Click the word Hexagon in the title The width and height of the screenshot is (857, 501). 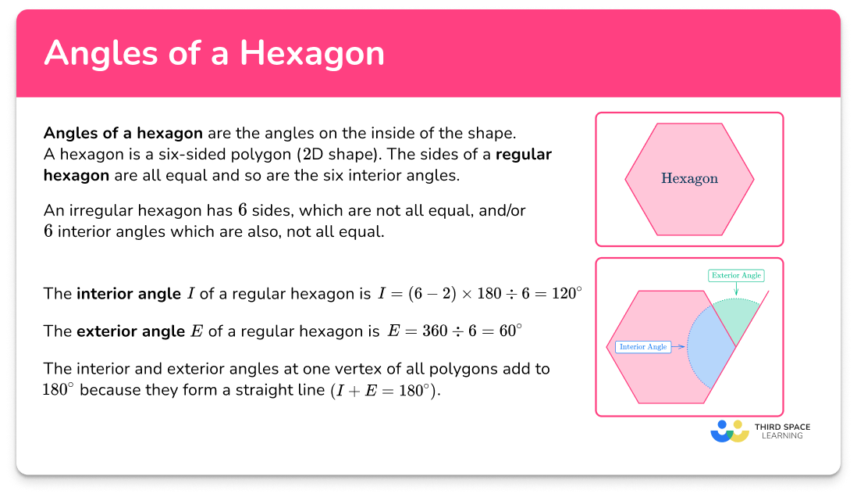coord(312,53)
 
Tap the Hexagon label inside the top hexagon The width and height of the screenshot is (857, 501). coord(689,179)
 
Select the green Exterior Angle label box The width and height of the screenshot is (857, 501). coord(736,275)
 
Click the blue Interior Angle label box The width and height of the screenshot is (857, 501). coord(642,346)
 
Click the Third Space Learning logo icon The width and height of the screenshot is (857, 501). coord(729,431)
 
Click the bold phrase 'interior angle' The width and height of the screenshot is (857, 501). coord(128,294)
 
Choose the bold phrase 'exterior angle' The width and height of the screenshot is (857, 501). coord(131,331)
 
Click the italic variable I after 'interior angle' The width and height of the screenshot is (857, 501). coord(190,294)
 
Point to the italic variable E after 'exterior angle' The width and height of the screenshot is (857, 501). coord(197,331)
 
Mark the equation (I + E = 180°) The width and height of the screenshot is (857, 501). coord(382,390)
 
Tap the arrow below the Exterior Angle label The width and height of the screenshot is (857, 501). coord(736,290)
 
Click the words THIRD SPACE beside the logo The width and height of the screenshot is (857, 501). coord(782,427)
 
